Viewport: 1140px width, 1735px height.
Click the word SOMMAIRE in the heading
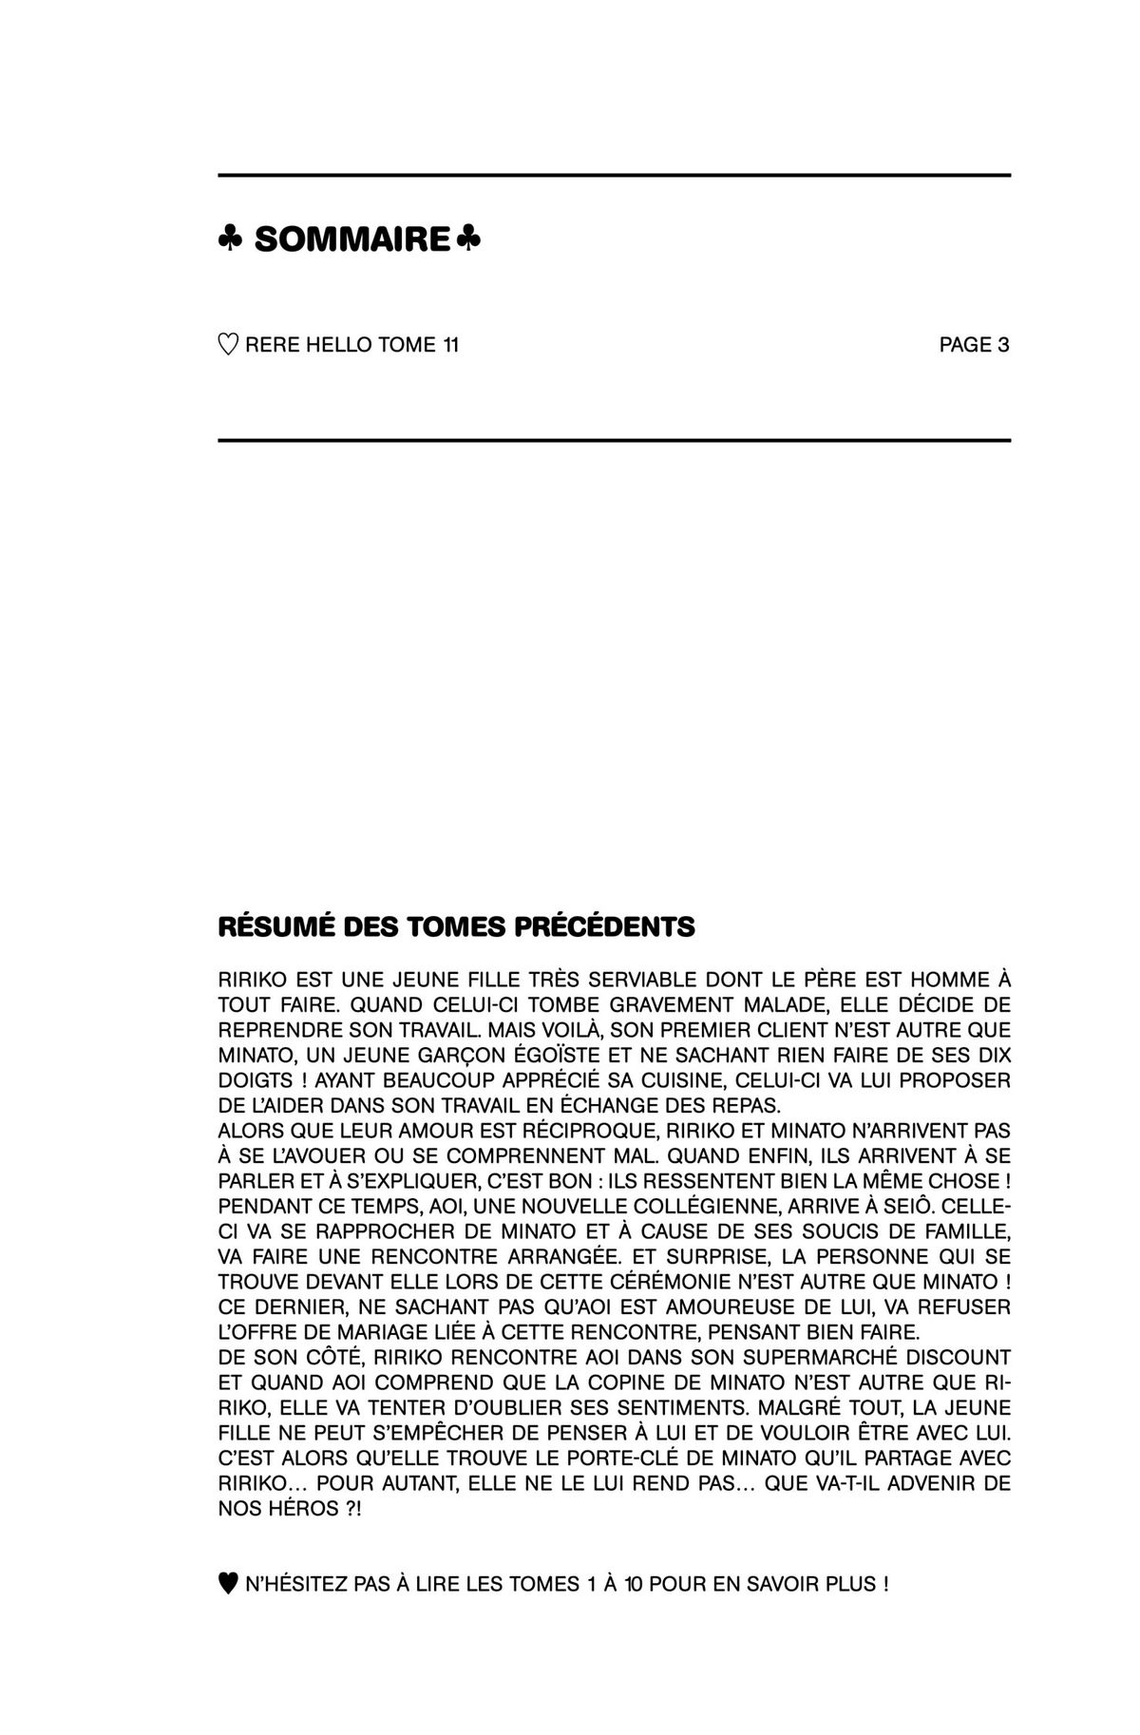(351, 239)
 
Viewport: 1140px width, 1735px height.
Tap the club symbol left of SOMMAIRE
(229, 238)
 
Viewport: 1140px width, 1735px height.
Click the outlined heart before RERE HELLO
(228, 344)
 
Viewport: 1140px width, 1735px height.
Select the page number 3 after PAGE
(1003, 345)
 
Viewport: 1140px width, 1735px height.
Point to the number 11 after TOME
(450, 345)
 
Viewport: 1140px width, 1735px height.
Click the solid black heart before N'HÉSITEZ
(227, 1584)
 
